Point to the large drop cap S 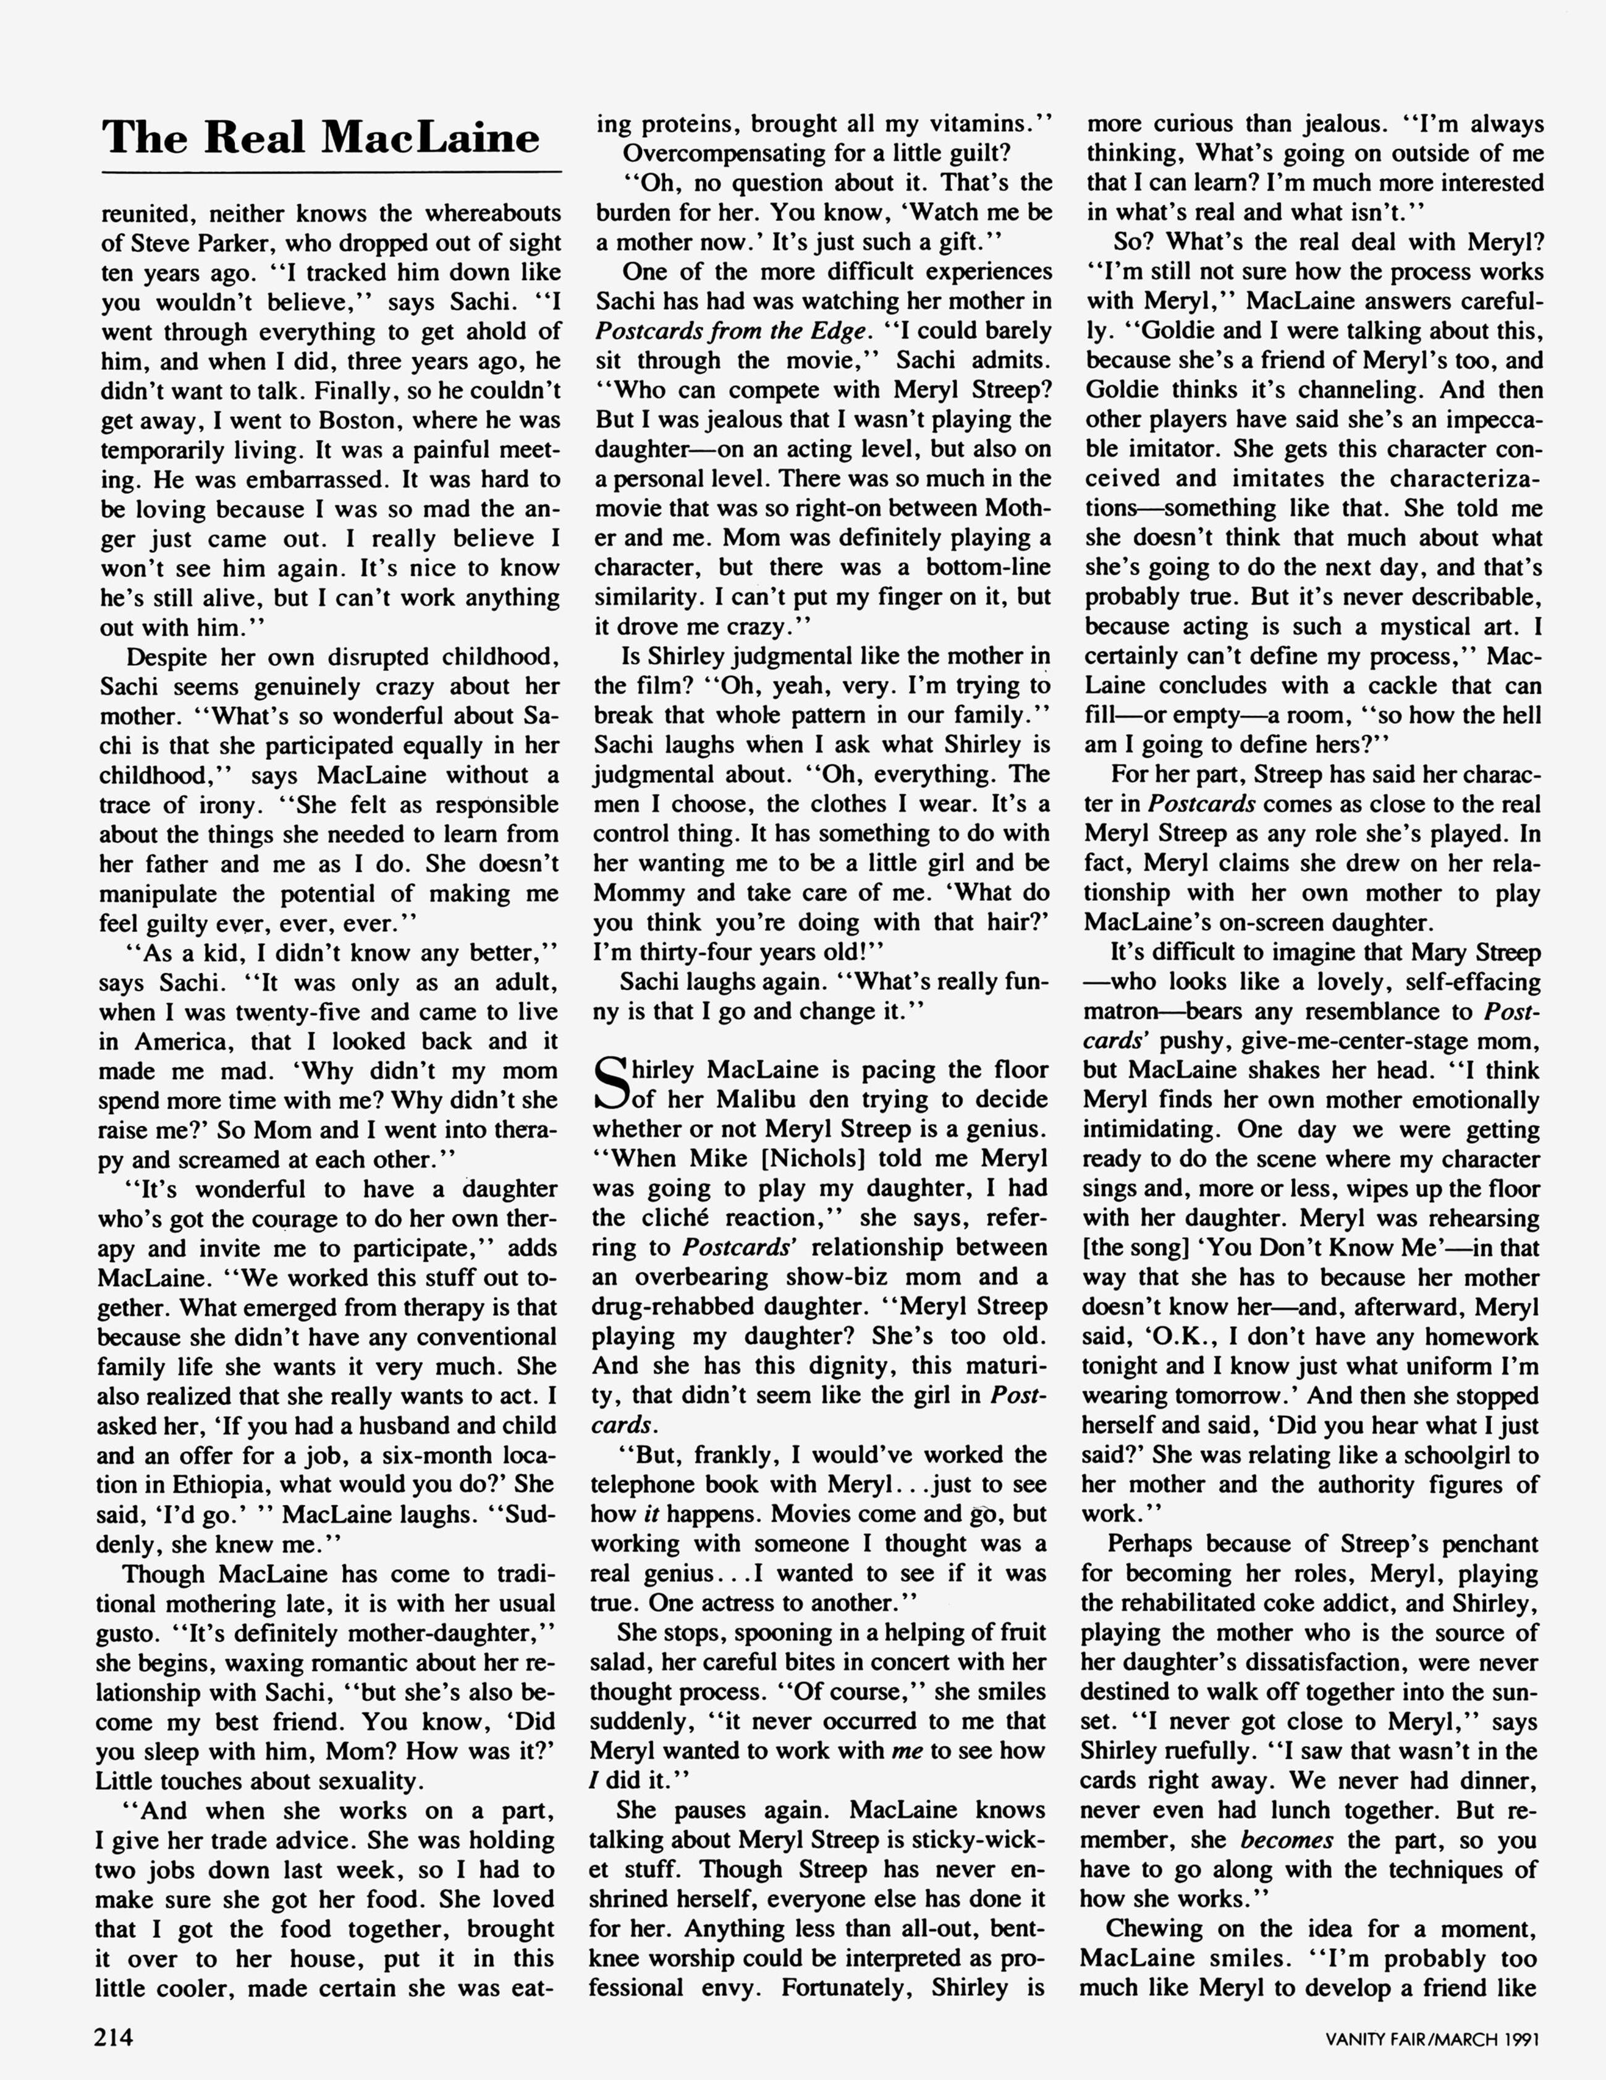(611, 1086)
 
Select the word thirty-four (699, 952)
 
